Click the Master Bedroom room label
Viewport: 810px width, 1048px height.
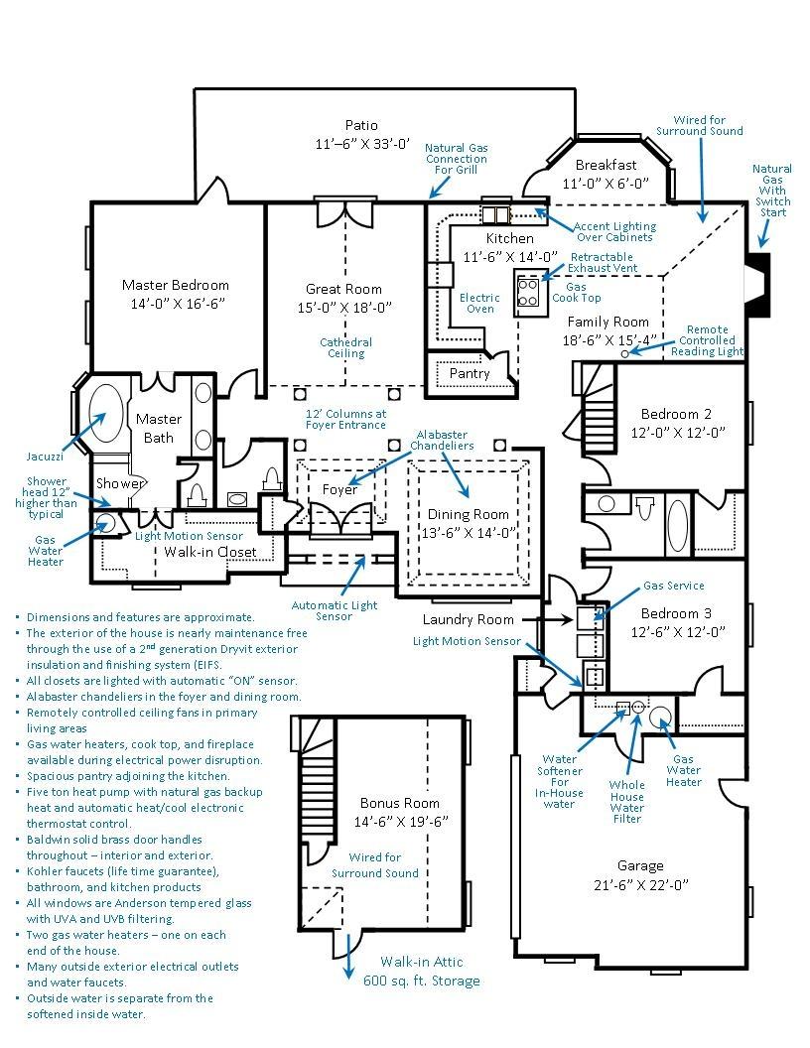pyautogui.click(x=175, y=286)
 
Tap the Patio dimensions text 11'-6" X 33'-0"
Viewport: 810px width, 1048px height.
pyautogui.click(x=362, y=144)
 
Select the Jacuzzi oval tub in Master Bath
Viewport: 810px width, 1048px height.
pyautogui.click(x=106, y=414)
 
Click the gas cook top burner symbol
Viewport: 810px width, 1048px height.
pyautogui.click(x=528, y=292)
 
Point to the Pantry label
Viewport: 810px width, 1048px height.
pyautogui.click(x=470, y=373)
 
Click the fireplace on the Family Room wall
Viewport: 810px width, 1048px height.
pyautogui.click(x=758, y=286)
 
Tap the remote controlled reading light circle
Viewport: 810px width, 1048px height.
pyautogui.click(x=625, y=353)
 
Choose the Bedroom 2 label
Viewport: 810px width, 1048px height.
pyautogui.click(x=676, y=414)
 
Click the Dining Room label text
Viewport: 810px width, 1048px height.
pyautogui.click(x=468, y=514)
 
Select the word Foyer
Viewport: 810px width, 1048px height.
pyautogui.click(x=340, y=490)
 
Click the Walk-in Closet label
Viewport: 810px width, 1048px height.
pyautogui.click(x=210, y=552)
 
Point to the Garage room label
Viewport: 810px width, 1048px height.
pyautogui.click(x=640, y=866)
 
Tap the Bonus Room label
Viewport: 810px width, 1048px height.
pyautogui.click(x=400, y=804)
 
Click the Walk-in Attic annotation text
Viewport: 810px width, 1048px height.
pyautogui.click(x=422, y=962)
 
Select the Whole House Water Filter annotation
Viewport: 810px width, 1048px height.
pyautogui.click(x=627, y=802)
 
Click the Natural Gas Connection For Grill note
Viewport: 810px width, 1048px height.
pyautogui.click(x=457, y=159)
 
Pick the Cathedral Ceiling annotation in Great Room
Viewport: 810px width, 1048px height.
pyautogui.click(x=346, y=347)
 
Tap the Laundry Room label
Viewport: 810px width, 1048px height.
pyautogui.click(x=468, y=619)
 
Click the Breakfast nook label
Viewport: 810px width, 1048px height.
pyautogui.click(x=607, y=165)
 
